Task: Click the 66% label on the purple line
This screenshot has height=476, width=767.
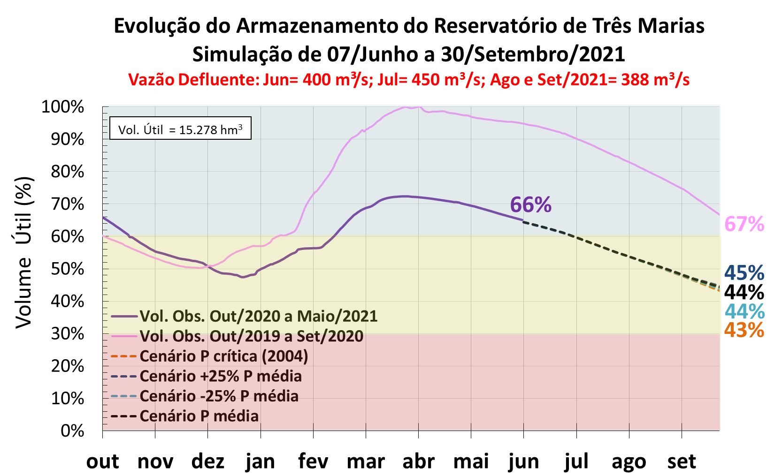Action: coord(530,205)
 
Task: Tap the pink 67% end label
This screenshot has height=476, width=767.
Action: coord(744,224)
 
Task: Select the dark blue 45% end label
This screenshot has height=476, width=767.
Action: coord(744,273)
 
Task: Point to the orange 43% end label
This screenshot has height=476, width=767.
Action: coord(744,330)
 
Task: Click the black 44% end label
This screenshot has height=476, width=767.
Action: coord(744,292)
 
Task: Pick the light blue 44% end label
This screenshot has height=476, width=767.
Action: coord(744,311)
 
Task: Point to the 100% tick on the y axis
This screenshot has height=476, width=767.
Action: coord(63,107)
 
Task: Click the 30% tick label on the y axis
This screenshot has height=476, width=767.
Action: coord(68,334)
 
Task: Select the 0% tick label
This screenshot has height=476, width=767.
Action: coord(72,431)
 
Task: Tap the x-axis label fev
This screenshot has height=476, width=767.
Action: coord(313,461)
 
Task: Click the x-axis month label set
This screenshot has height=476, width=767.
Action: coord(682,461)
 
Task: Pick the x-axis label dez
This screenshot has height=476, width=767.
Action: coord(207,461)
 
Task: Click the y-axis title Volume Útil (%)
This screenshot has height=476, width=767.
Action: coord(23,252)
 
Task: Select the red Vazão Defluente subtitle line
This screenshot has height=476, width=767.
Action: coord(409,80)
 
